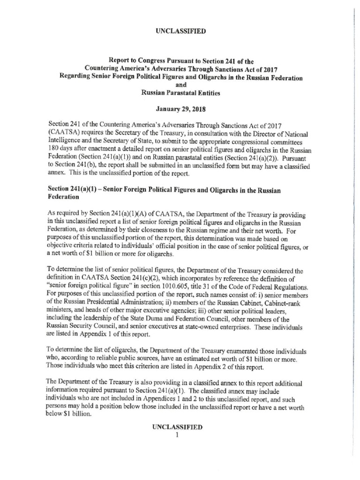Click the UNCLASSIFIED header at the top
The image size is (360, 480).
pos(180,31)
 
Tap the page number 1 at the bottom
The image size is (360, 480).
pos(180,435)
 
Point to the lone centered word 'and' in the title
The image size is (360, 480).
pos(180,85)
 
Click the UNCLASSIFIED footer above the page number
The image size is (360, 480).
pos(180,427)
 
